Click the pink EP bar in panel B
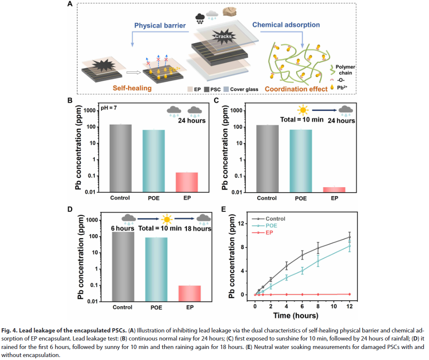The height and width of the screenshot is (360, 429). tap(187, 182)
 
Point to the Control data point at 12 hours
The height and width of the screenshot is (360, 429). tap(349, 237)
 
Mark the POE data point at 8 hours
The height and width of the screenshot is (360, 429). tap(318, 261)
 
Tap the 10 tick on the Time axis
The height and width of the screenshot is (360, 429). tap(334, 306)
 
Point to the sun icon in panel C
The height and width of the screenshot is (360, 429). tap(302, 111)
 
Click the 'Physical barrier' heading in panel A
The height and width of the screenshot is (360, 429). tap(160, 25)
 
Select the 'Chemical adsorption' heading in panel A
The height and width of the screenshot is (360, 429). tap(286, 25)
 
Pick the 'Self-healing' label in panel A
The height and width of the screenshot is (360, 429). tap(132, 88)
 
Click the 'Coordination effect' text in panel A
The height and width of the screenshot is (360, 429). tap(296, 89)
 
